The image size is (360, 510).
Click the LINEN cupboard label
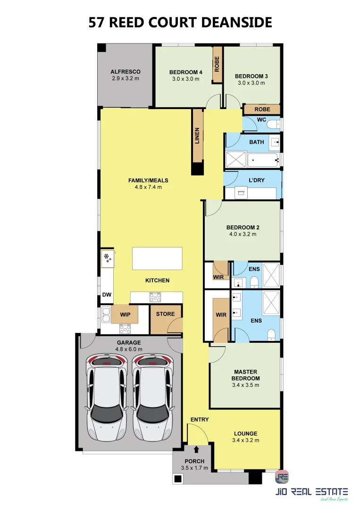(197, 136)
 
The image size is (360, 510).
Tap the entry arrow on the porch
(196, 450)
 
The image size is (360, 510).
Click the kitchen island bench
(157, 259)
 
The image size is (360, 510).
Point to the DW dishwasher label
(107, 295)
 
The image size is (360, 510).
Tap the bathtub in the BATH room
(263, 160)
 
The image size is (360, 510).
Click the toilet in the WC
(274, 124)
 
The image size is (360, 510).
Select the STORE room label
(166, 314)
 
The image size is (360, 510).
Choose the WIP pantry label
(125, 314)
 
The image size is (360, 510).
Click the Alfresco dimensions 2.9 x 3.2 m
(126, 78)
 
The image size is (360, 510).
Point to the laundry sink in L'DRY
(241, 193)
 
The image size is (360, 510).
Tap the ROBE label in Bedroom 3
(262, 109)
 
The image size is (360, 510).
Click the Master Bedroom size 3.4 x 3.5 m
(246, 385)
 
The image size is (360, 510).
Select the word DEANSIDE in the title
(237, 23)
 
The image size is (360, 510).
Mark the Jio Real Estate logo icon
(282, 476)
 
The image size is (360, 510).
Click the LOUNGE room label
(246, 433)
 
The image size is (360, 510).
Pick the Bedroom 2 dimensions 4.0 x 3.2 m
(243, 234)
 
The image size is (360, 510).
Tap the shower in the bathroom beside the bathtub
(236, 160)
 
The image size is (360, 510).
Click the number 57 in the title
(97, 23)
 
